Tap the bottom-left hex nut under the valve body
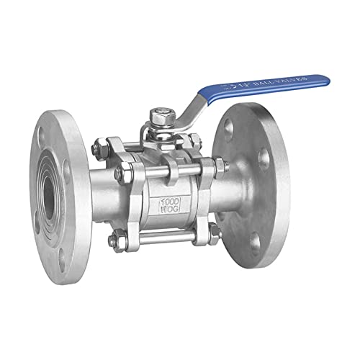point(114,241)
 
